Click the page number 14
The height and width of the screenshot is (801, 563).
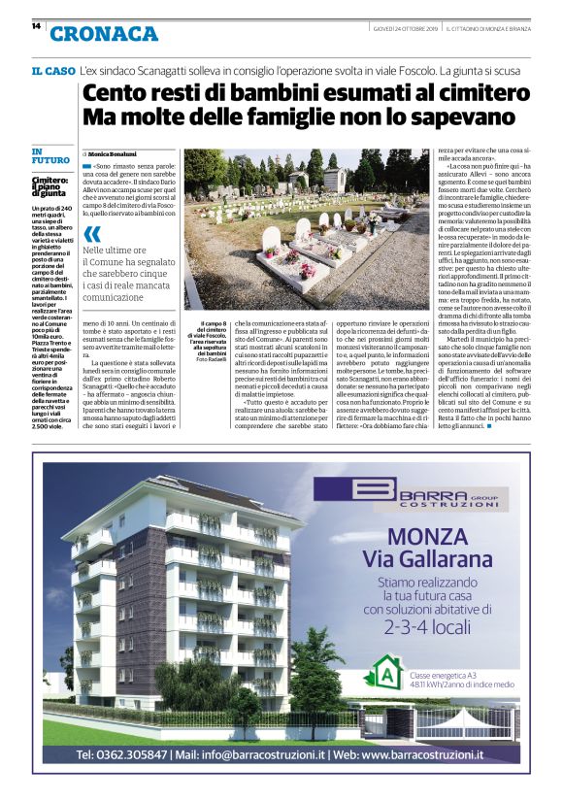point(36,26)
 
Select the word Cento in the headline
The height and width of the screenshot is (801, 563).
point(115,95)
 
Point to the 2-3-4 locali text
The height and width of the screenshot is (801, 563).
point(424,626)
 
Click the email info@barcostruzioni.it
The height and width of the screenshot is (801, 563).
point(253,753)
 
